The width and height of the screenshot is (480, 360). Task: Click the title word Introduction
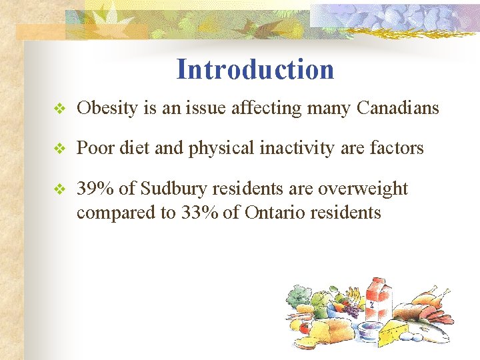point(255,69)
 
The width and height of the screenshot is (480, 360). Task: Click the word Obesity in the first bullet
point(107,108)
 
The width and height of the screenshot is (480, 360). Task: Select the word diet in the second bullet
point(136,148)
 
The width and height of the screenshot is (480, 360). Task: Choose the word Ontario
point(279,213)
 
